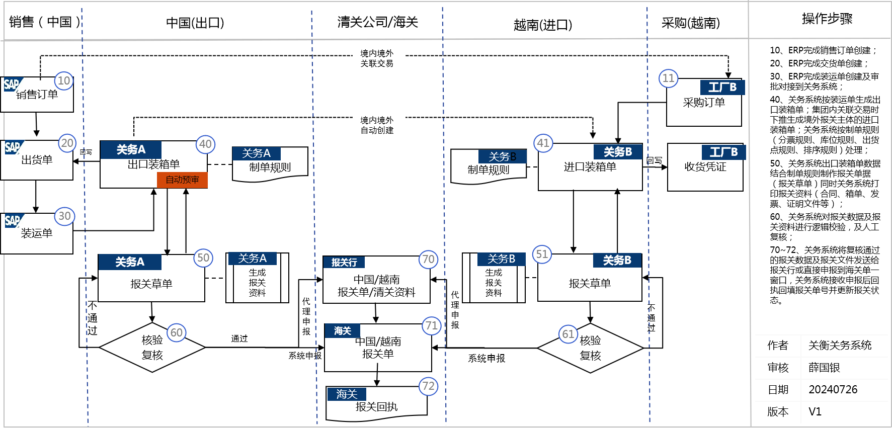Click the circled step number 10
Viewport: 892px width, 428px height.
coord(64,81)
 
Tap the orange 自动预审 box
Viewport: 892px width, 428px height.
coord(182,180)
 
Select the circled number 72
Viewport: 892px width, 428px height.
coord(428,386)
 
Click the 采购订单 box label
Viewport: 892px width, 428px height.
coord(704,103)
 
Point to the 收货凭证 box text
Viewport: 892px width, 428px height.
coord(705,167)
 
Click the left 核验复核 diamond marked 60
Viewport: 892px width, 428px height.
coord(152,348)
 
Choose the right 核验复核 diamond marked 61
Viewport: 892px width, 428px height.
coord(590,348)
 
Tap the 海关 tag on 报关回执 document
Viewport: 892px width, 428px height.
coord(346,394)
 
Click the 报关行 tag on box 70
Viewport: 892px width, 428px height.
coord(344,262)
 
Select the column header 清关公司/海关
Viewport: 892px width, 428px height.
coord(377,22)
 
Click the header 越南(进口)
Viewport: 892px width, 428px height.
coord(542,25)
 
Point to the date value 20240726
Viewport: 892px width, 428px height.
coord(833,389)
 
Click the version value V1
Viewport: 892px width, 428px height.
coord(815,411)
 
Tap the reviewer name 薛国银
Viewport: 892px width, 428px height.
coord(824,368)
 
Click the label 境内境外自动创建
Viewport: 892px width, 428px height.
coord(377,125)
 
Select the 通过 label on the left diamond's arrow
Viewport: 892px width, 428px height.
coord(239,338)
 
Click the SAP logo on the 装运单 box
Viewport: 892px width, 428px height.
coord(12,220)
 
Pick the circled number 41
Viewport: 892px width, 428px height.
coord(543,143)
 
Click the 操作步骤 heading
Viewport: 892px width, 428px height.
coord(827,19)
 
